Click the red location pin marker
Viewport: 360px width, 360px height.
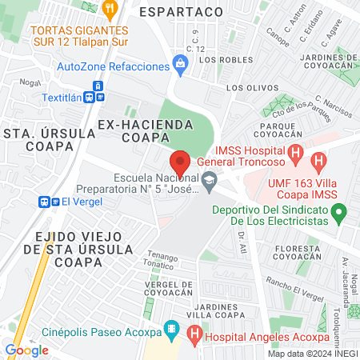coord(180,162)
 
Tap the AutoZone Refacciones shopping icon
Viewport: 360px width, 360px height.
coord(180,69)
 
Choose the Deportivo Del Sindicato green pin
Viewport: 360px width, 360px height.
coord(340,214)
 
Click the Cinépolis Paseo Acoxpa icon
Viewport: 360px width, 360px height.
coord(170,328)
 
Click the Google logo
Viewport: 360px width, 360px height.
coord(26,350)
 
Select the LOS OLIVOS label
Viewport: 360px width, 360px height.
coord(245,89)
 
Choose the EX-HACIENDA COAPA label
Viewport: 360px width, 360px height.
coord(146,131)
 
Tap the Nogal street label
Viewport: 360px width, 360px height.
coord(31,82)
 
